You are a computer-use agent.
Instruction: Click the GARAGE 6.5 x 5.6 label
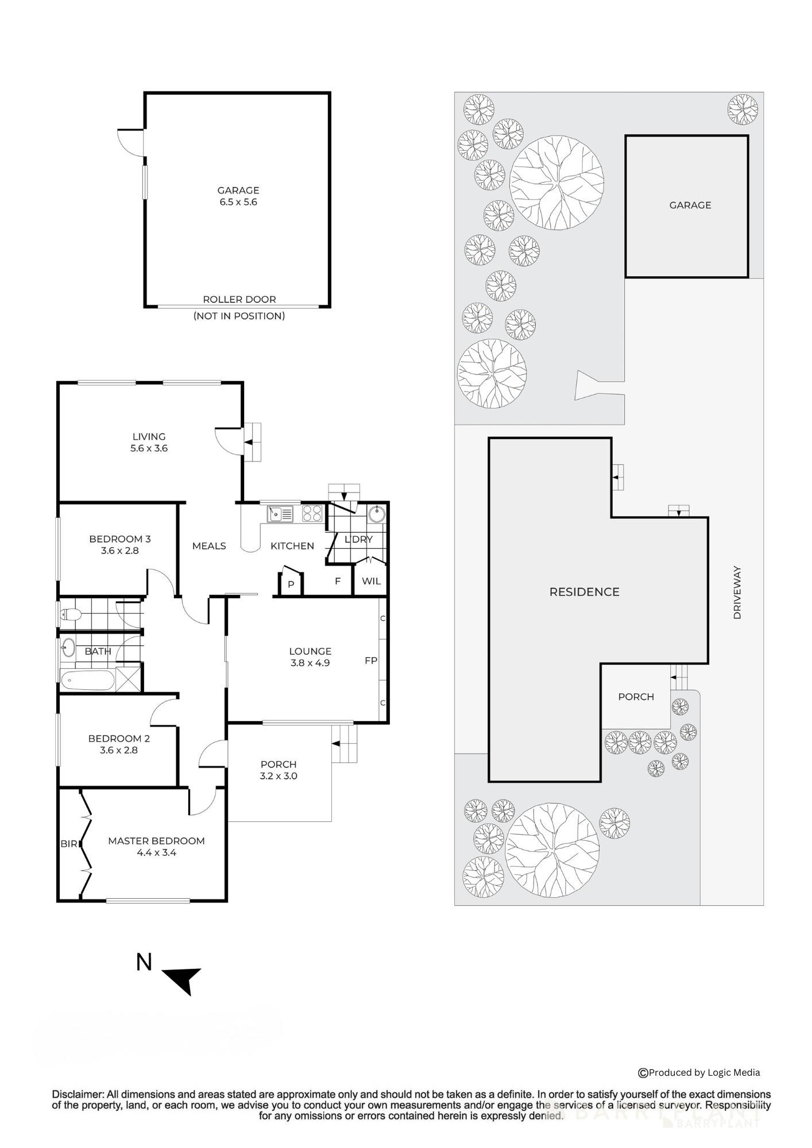pyautogui.click(x=238, y=196)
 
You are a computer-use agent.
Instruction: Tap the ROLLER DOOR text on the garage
pyautogui.click(x=239, y=299)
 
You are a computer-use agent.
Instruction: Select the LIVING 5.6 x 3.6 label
pyautogui.click(x=149, y=442)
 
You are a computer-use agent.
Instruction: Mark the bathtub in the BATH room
pyautogui.click(x=87, y=680)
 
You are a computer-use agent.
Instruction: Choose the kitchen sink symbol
pyautogui.click(x=280, y=514)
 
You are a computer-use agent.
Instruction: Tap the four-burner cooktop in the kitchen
pyautogui.click(x=312, y=513)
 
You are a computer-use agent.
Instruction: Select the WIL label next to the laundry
pyautogui.click(x=371, y=581)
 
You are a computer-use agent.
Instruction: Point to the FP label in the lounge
pyautogui.click(x=371, y=661)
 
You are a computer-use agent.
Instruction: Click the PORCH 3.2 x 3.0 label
pyautogui.click(x=279, y=770)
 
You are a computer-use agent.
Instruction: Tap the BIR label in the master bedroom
pyautogui.click(x=68, y=844)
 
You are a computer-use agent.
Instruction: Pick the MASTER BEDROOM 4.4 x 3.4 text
pyautogui.click(x=156, y=847)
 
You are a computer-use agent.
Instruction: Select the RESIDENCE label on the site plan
pyautogui.click(x=584, y=592)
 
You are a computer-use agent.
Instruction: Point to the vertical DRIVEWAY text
pyautogui.click(x=737, y=592)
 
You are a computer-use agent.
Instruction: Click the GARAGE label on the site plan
pyautogui.click(x=690, y=205)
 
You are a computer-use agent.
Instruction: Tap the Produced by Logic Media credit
pyautogui.click(x=699, y=1072)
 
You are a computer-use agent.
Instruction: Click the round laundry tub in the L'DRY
pyautogui.click(x=377, y=513)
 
